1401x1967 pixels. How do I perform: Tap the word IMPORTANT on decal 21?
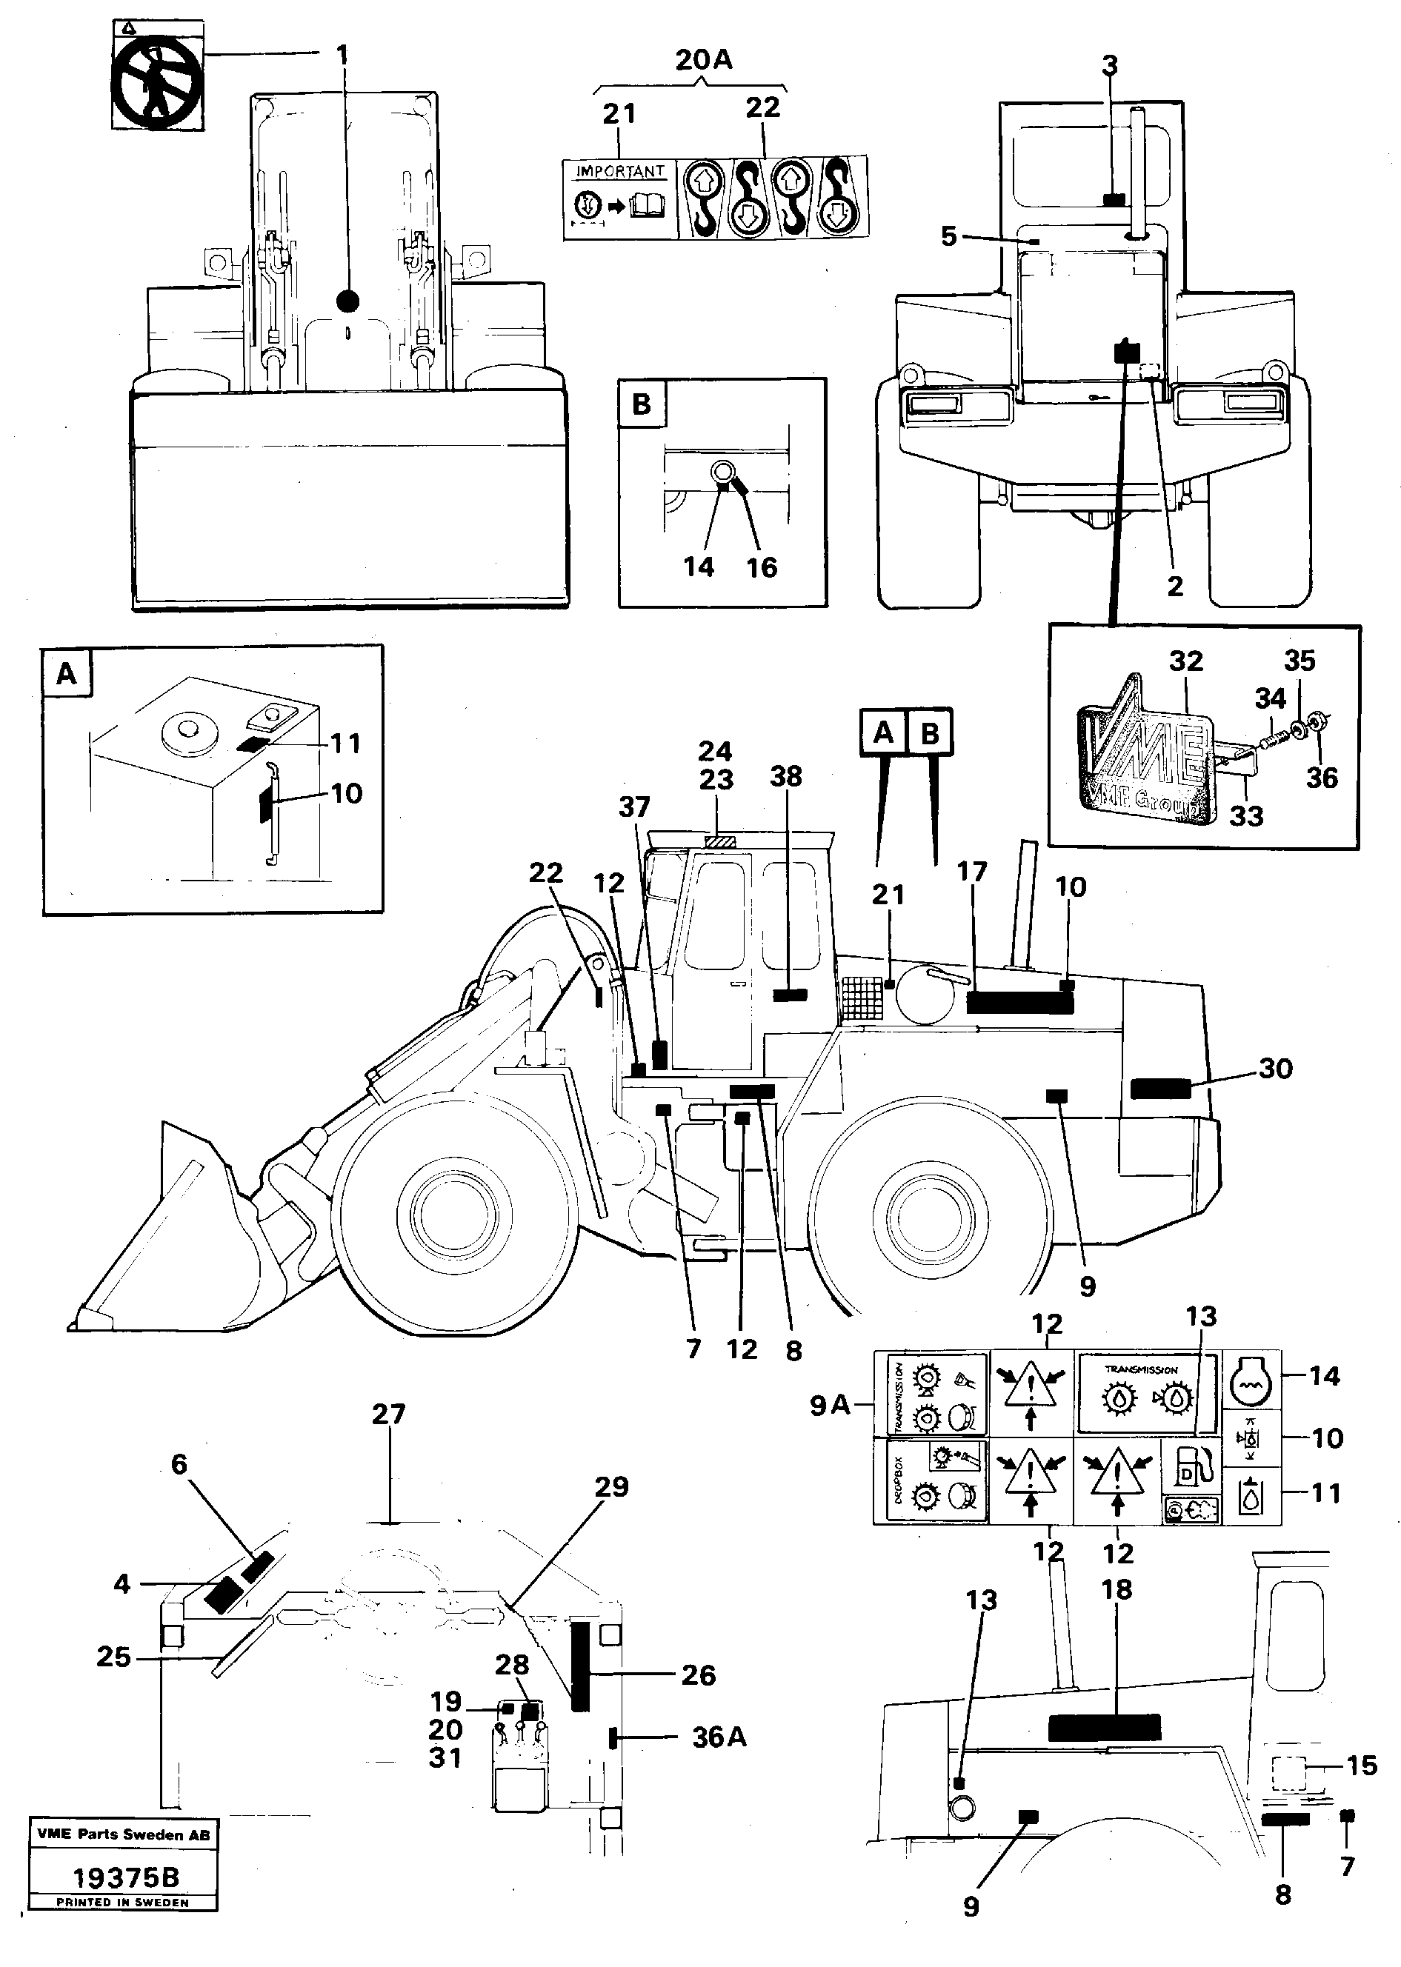tap(620, 171)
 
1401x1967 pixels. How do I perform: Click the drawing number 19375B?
tap(125, 1877)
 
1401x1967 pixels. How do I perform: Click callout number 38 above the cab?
tap(786, 777)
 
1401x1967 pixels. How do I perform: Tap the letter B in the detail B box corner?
tap(641, 404)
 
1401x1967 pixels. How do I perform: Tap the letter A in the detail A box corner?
tap(67, 673)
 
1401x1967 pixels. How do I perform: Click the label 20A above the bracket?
tap(703, 61)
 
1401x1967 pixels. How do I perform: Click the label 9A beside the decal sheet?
tap(829, 1406)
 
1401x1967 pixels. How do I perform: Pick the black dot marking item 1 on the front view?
tap(347, 300)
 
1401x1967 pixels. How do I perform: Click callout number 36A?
tap(719, 1737)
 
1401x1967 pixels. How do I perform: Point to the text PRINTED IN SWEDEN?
tap(122, 1903)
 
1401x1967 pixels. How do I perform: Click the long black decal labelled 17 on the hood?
tap(1019, 1002)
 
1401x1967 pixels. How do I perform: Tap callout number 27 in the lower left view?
tap(388, 1415)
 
